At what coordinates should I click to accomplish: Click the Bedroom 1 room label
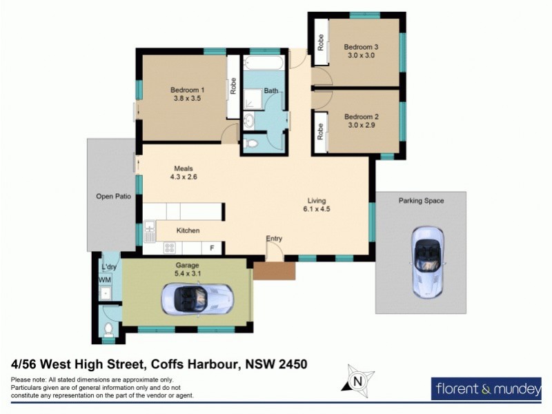(x=188, y=90)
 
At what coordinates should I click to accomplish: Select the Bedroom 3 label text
(x=362, y=47)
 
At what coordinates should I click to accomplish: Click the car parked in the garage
(x=197, y=299)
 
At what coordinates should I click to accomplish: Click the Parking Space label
(x=421, y=201)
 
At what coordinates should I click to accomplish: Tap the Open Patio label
(x=113, y=197)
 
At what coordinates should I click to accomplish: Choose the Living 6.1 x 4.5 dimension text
(x=317, y=209)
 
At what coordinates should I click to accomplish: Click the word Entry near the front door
(x=274, y=239)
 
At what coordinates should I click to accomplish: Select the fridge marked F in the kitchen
(x=212, y=248)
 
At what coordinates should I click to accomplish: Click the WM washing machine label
(x=105, y=280)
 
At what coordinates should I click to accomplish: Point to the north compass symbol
(x=357, y=381)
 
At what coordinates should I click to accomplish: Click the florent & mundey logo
(x=488, y=389)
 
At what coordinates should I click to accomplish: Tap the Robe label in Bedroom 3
(x=321, y=43)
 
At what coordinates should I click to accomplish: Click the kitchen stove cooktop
(x=169, y=248)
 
